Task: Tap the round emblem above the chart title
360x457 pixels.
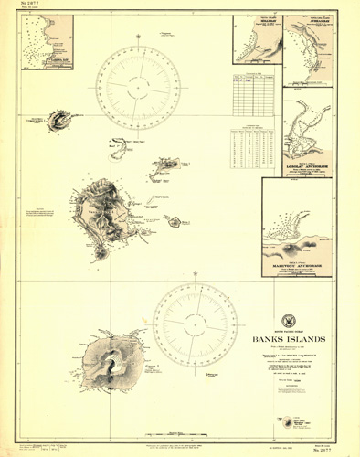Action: [x=290, y=317]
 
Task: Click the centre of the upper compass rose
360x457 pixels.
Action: [x=143, y=88]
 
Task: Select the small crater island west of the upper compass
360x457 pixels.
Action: [x=59, y=119]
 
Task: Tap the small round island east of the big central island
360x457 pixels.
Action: [x=174, y=220]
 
